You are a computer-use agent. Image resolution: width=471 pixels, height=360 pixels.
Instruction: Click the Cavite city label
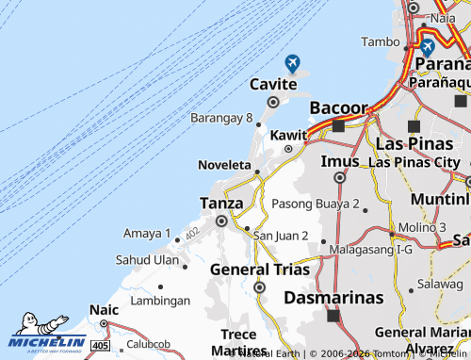[273, 85]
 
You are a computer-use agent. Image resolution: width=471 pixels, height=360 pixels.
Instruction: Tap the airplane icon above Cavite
[292, 63]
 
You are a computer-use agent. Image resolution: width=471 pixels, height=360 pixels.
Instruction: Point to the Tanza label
[221, 203]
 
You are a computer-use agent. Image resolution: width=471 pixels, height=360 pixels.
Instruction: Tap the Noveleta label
[224, 165]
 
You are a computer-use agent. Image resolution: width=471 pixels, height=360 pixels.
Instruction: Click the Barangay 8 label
[222, 119]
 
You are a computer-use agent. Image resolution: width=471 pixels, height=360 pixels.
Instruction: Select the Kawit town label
[288, 136]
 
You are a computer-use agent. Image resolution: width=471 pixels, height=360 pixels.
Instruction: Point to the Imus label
[339, 161]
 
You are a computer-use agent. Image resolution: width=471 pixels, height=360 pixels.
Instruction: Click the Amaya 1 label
[147, 233]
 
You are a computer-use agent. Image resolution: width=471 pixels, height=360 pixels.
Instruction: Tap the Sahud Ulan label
[147, 259]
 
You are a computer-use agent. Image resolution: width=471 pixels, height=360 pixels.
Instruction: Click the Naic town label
[104, 309]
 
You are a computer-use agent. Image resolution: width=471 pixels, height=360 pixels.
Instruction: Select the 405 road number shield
[101, 346]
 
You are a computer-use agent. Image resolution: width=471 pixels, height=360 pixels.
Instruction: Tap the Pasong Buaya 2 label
[316, 204]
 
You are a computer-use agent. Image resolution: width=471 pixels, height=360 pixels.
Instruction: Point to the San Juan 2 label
[281, 235]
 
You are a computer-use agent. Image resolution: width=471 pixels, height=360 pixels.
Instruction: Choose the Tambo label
[381, 41]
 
